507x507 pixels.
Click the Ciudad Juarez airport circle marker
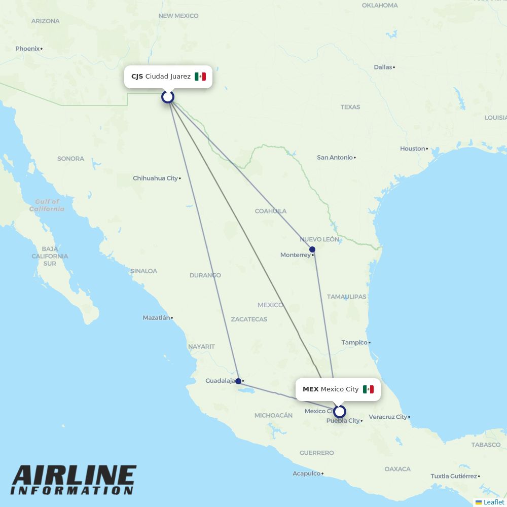coord(168,96)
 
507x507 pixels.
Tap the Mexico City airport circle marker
coord(340,412)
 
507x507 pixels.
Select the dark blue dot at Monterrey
coord(312,249)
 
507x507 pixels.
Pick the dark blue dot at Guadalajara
coord(238,381)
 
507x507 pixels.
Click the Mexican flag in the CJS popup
coord(200,77)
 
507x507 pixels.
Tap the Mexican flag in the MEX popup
coord(368,389)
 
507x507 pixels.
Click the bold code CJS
coord(137,77)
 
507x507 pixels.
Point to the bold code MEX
coord(310,389)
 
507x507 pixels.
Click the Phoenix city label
coord(27,49)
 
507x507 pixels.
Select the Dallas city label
coord(383,67)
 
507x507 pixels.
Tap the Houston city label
coord(412,149)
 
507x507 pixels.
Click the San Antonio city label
coord(335,158)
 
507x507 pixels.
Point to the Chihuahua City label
coord(155,178)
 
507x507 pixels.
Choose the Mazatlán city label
coord(156,318)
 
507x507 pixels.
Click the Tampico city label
coord(354,343)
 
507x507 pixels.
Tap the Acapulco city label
coord(306,474)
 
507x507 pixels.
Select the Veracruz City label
coord(387,417)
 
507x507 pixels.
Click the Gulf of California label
coord(47,205)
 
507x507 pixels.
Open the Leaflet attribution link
coord(493,502)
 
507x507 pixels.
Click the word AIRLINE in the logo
coord(74,475)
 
